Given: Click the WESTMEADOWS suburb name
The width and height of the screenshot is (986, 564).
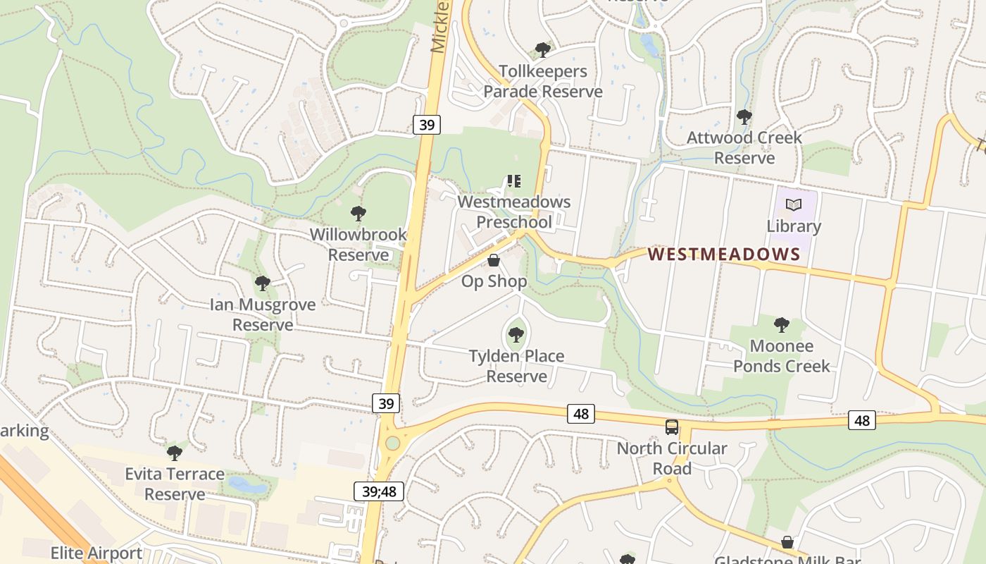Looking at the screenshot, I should tap(724, 254).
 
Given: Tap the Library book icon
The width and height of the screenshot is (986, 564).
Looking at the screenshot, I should tap(794, 205).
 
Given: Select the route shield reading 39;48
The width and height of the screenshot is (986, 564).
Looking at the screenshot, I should tap(379, 491).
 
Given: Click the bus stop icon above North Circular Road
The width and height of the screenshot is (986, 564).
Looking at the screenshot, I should tap(672, 427).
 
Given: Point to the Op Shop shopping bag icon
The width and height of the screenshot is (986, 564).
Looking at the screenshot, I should tap(494, 261).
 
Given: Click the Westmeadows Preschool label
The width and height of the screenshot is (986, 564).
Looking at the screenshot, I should tap(514, 211).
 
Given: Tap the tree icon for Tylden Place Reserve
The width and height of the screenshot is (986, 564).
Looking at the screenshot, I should tap(516, 335).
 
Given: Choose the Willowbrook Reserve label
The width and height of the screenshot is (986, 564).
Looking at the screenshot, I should tap(358, 244).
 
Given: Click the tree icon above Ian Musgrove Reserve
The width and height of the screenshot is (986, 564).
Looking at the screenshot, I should tap(263, 283).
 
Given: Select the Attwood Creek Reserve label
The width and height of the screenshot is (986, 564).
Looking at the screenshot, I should tap(744, 147).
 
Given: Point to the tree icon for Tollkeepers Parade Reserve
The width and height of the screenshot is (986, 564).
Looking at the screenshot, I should tap(542, 50).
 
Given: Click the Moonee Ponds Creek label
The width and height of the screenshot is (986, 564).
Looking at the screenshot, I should tap(782, 356).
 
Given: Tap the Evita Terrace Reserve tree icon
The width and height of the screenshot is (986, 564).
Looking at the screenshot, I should tap(175, 453).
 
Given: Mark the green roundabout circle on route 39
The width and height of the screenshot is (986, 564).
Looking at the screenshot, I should tap(392, 443).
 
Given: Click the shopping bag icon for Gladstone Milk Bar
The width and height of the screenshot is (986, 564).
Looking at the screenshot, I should tap(787, 542).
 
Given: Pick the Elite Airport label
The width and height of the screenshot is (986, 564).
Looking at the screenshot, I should tap(96, 553).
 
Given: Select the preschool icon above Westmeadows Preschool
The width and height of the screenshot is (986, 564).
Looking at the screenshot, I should tap(514, 181).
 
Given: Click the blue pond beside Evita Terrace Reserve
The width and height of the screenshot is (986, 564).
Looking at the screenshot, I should tap(247, 484).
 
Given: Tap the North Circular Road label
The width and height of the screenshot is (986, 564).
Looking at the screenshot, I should tap(672, 458).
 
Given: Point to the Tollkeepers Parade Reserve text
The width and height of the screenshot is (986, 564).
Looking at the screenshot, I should tap(542, 81).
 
